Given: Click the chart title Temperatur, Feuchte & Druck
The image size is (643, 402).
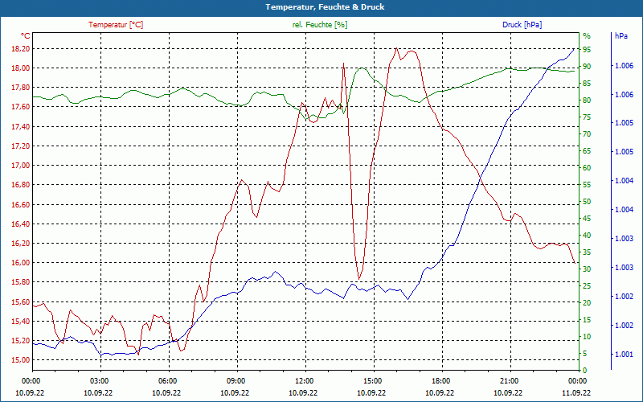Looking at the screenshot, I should (x=321, y=6).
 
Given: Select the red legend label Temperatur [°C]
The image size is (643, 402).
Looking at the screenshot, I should (x=116, y=24).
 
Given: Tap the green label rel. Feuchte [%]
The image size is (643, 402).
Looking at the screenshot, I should (x=320, y=24).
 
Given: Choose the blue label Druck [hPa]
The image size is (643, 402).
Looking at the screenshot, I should (x=522, y=24).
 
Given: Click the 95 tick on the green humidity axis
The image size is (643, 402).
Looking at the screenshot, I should (x=587, y=49).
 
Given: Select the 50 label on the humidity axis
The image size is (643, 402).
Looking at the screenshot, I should (x=587, y=201).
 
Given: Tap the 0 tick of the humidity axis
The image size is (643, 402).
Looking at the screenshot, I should (x=585, y=370).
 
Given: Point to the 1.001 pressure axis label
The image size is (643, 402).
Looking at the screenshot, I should (x=622, y=354).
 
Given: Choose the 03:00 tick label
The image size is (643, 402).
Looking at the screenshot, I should (x=99, y=380).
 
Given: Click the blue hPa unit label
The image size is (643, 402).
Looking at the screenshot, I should (x=620, y=36).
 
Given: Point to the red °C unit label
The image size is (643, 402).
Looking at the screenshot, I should (x=25, y=36).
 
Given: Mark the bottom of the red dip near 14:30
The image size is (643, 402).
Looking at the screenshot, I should (x=359, y=279).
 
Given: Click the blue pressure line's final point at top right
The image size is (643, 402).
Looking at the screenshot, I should (x=575, y=48).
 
